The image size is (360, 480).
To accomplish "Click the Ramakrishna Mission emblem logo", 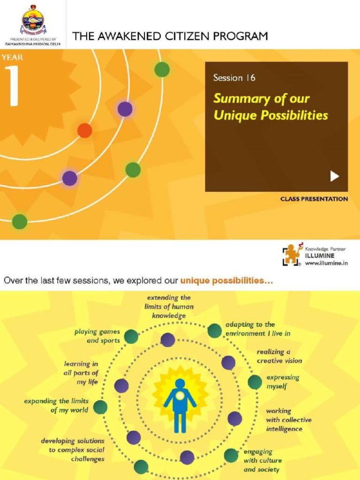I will tap(33, 21).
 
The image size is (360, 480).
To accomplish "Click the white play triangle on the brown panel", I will tap(334, 176).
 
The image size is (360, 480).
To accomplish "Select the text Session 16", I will tap(234, 78).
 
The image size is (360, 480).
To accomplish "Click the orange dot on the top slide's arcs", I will tap(84, 130).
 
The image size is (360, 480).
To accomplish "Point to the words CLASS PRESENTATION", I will tap(314, 199).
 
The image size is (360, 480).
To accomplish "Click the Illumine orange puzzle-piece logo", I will tap(291, 255).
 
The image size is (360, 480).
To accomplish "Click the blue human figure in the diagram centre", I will tap(180, 404).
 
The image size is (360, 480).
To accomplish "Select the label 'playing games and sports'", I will tap(97, 336).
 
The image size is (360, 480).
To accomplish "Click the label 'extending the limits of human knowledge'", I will tap(169, 307).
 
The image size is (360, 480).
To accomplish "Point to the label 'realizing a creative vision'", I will tap(279, 356).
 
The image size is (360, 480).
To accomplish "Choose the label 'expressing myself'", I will tap(283, 382).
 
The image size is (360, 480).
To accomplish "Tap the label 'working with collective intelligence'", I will tap(288, 420).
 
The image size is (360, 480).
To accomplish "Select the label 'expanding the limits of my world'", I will tap(56, 405).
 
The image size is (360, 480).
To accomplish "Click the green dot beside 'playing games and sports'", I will tap(131, 336).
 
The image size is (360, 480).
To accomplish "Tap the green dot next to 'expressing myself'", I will tap(255, 382).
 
